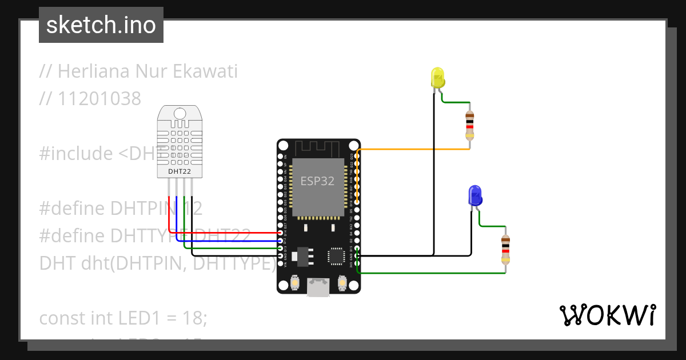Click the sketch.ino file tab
tap(101, 25)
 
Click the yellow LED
tap(437, 78)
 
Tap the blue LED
tap(474, 196)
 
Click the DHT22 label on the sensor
tap(180, 170)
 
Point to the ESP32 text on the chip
tap(318, 181)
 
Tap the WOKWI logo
tap(608, 315)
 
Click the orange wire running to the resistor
tap(412, 149)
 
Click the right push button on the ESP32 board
tap(342, 282)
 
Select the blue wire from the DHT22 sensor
tap(229, 241)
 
